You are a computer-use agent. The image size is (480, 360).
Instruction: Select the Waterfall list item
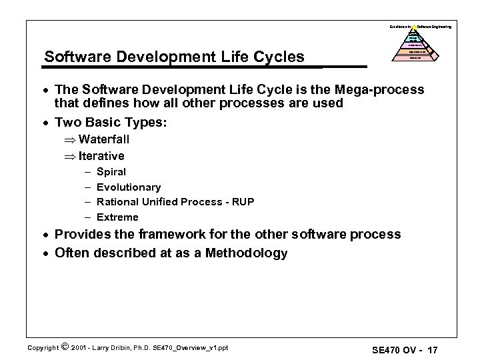(x=104, y=139)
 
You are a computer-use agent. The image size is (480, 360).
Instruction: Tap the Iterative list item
(x=101, y=156)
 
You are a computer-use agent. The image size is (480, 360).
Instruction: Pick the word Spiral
(x=111, y=172)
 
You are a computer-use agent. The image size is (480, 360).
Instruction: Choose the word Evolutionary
(x=129, y=187)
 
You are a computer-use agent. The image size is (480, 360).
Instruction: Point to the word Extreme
(x=117, y=217)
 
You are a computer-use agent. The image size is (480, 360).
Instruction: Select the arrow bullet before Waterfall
(x=69, y=139)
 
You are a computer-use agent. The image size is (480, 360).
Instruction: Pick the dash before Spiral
(x=87, y=172)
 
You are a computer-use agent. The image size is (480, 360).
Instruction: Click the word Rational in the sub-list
(x=117, y=202)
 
